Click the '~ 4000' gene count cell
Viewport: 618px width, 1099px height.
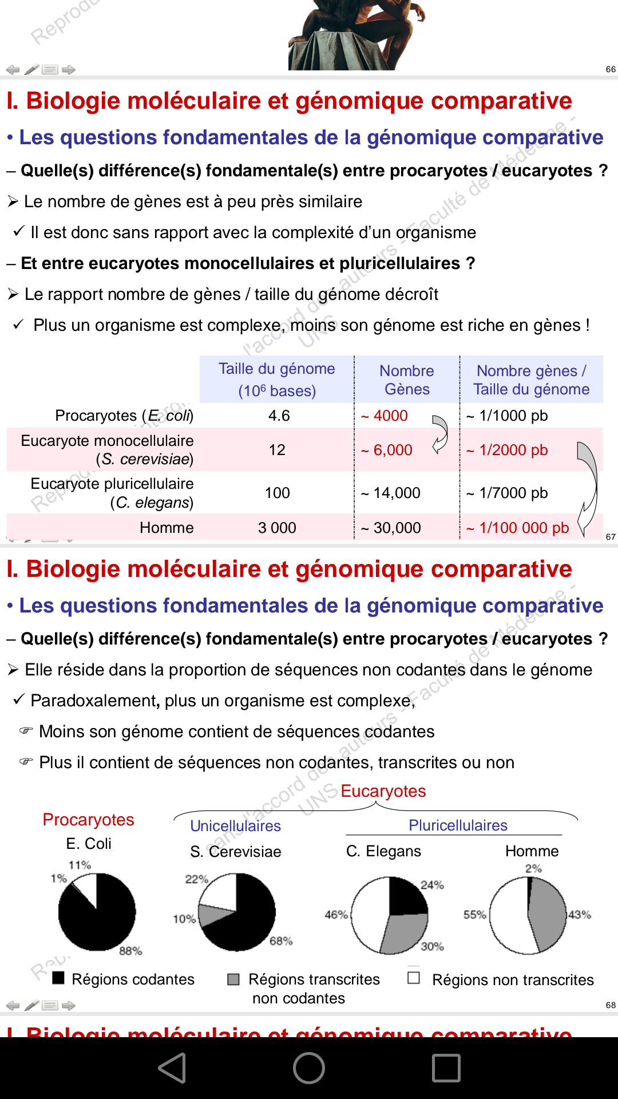385,416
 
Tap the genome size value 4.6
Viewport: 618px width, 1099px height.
279,416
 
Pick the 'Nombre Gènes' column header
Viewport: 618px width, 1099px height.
406,379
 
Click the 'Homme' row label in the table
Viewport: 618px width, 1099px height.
167,528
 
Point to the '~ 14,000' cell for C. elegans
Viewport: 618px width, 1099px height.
391,493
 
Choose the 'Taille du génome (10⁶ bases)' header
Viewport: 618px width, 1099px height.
277,379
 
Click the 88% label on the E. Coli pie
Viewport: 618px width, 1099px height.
130,951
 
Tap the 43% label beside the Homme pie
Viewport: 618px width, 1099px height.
579,915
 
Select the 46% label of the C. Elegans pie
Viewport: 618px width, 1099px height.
336,915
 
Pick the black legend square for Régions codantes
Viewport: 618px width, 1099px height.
58,978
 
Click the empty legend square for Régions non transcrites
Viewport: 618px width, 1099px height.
414,978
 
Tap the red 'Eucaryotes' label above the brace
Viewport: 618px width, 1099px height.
383,791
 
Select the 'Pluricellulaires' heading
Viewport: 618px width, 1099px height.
458,825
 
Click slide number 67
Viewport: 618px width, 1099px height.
611,537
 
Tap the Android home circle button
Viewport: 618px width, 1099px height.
309,1068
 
